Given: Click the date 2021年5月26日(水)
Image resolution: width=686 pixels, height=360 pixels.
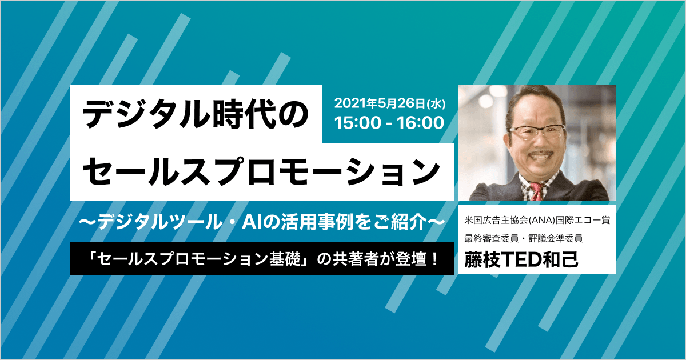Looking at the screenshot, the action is tap(390, 103).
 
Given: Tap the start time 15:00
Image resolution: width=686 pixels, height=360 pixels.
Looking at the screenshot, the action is tap(357, 123).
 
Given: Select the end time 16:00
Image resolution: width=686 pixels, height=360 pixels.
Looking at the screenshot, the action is tap(420, 123).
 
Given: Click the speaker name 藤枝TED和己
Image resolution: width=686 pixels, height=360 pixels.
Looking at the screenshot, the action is tap(521, 259).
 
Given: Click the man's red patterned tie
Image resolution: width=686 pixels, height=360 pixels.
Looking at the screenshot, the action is tap(536, 191).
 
